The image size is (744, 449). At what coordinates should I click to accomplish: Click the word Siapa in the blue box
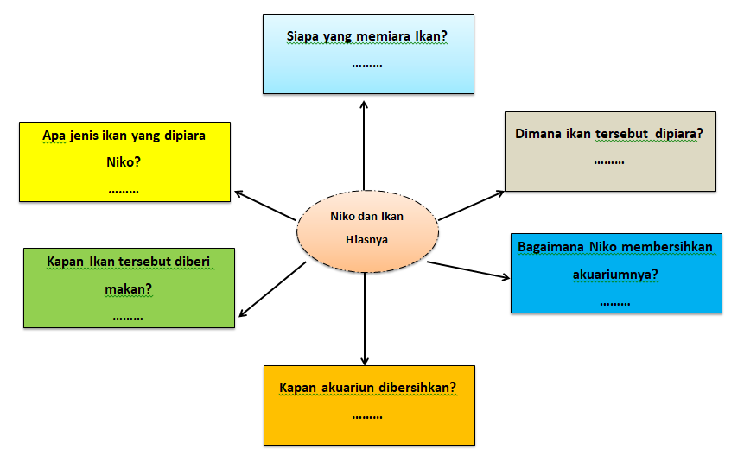pyautogui.click(x=303, y=37)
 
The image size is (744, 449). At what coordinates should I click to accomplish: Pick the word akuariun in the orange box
pyautogui.click(x=343, y=388)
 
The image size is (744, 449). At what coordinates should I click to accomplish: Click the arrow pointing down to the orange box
pyautogui.click(x=365, y=319)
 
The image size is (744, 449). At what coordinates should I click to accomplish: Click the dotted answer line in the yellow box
pyautogui.click(x=124, y=189)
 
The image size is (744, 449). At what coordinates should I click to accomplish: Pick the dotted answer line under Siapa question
pyautogui.click(x=368, y=64)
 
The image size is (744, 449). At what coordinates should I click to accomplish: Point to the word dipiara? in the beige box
pyautogui.click(x=678, y=135)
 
